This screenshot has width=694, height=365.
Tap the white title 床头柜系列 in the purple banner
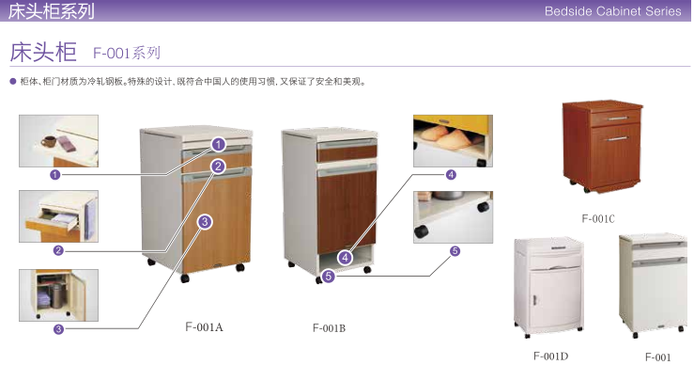(52, 11)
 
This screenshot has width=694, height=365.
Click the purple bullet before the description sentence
(12, 82)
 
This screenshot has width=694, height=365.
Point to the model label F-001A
(204, 327)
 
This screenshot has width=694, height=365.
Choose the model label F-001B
(329, 328)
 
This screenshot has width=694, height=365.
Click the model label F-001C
(597, 218)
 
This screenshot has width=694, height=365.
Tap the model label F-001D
(550, 356)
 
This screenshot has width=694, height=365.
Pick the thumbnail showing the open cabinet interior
(58, 294)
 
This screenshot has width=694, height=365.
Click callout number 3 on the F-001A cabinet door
(205, 222)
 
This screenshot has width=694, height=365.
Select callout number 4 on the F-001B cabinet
(346, 257)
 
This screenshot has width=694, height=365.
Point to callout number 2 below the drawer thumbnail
(58, 250)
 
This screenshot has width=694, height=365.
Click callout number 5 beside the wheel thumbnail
(455, 251)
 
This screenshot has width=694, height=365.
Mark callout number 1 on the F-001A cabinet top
(218, 145)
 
